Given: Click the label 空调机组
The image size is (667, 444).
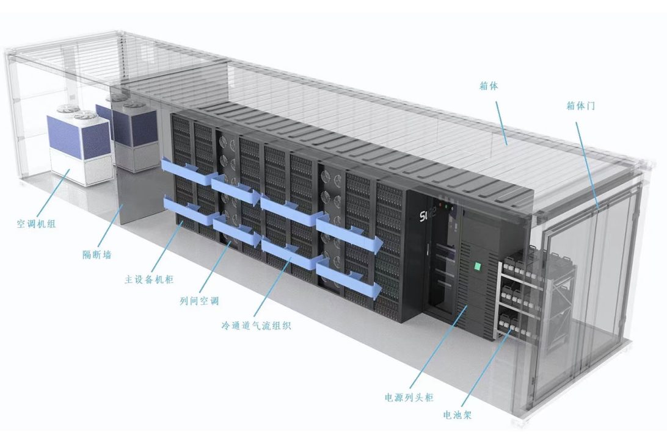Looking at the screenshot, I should [x=36, y=224].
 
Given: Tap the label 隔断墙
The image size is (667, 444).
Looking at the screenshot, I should [x=97, y=254].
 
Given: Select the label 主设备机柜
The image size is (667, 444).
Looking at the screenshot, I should [x=149, y=280].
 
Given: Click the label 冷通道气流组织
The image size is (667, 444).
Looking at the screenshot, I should [x=256, y=326].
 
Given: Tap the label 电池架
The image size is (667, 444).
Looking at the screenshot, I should [x=457, y=416].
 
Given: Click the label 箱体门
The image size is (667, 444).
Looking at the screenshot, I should [x=581, y=106].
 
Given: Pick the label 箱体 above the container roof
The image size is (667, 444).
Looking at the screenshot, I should [x=489, y=86].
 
